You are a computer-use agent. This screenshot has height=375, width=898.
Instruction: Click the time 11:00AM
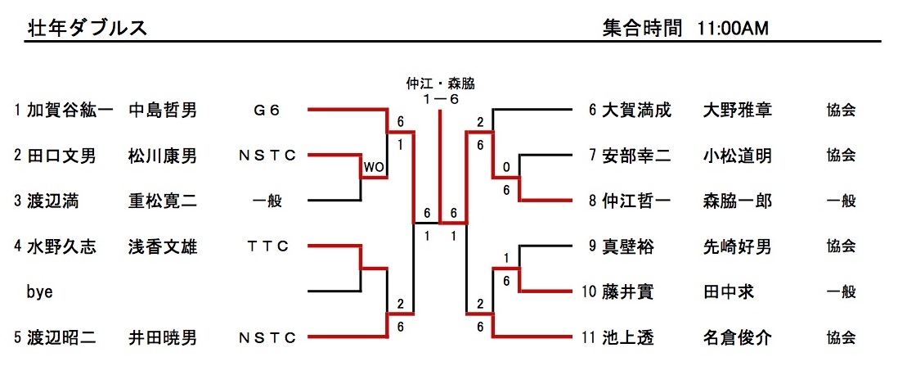(733, 28)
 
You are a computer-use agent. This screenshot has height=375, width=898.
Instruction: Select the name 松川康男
(162, 156)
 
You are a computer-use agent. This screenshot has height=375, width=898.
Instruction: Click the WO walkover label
(374, 168)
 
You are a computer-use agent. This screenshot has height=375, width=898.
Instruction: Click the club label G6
(267, 110)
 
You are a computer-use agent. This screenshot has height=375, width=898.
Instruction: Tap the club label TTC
(267, 246)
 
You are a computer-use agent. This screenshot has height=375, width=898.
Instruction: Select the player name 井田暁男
(162, 337)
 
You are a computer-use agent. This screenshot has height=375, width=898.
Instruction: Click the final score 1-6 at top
(441, 98)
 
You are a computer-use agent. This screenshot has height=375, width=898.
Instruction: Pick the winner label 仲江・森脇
(441, 83)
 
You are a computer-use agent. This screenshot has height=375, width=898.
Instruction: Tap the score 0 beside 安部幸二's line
(507, 168)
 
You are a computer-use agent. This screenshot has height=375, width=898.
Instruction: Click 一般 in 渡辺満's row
(267, 201)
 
